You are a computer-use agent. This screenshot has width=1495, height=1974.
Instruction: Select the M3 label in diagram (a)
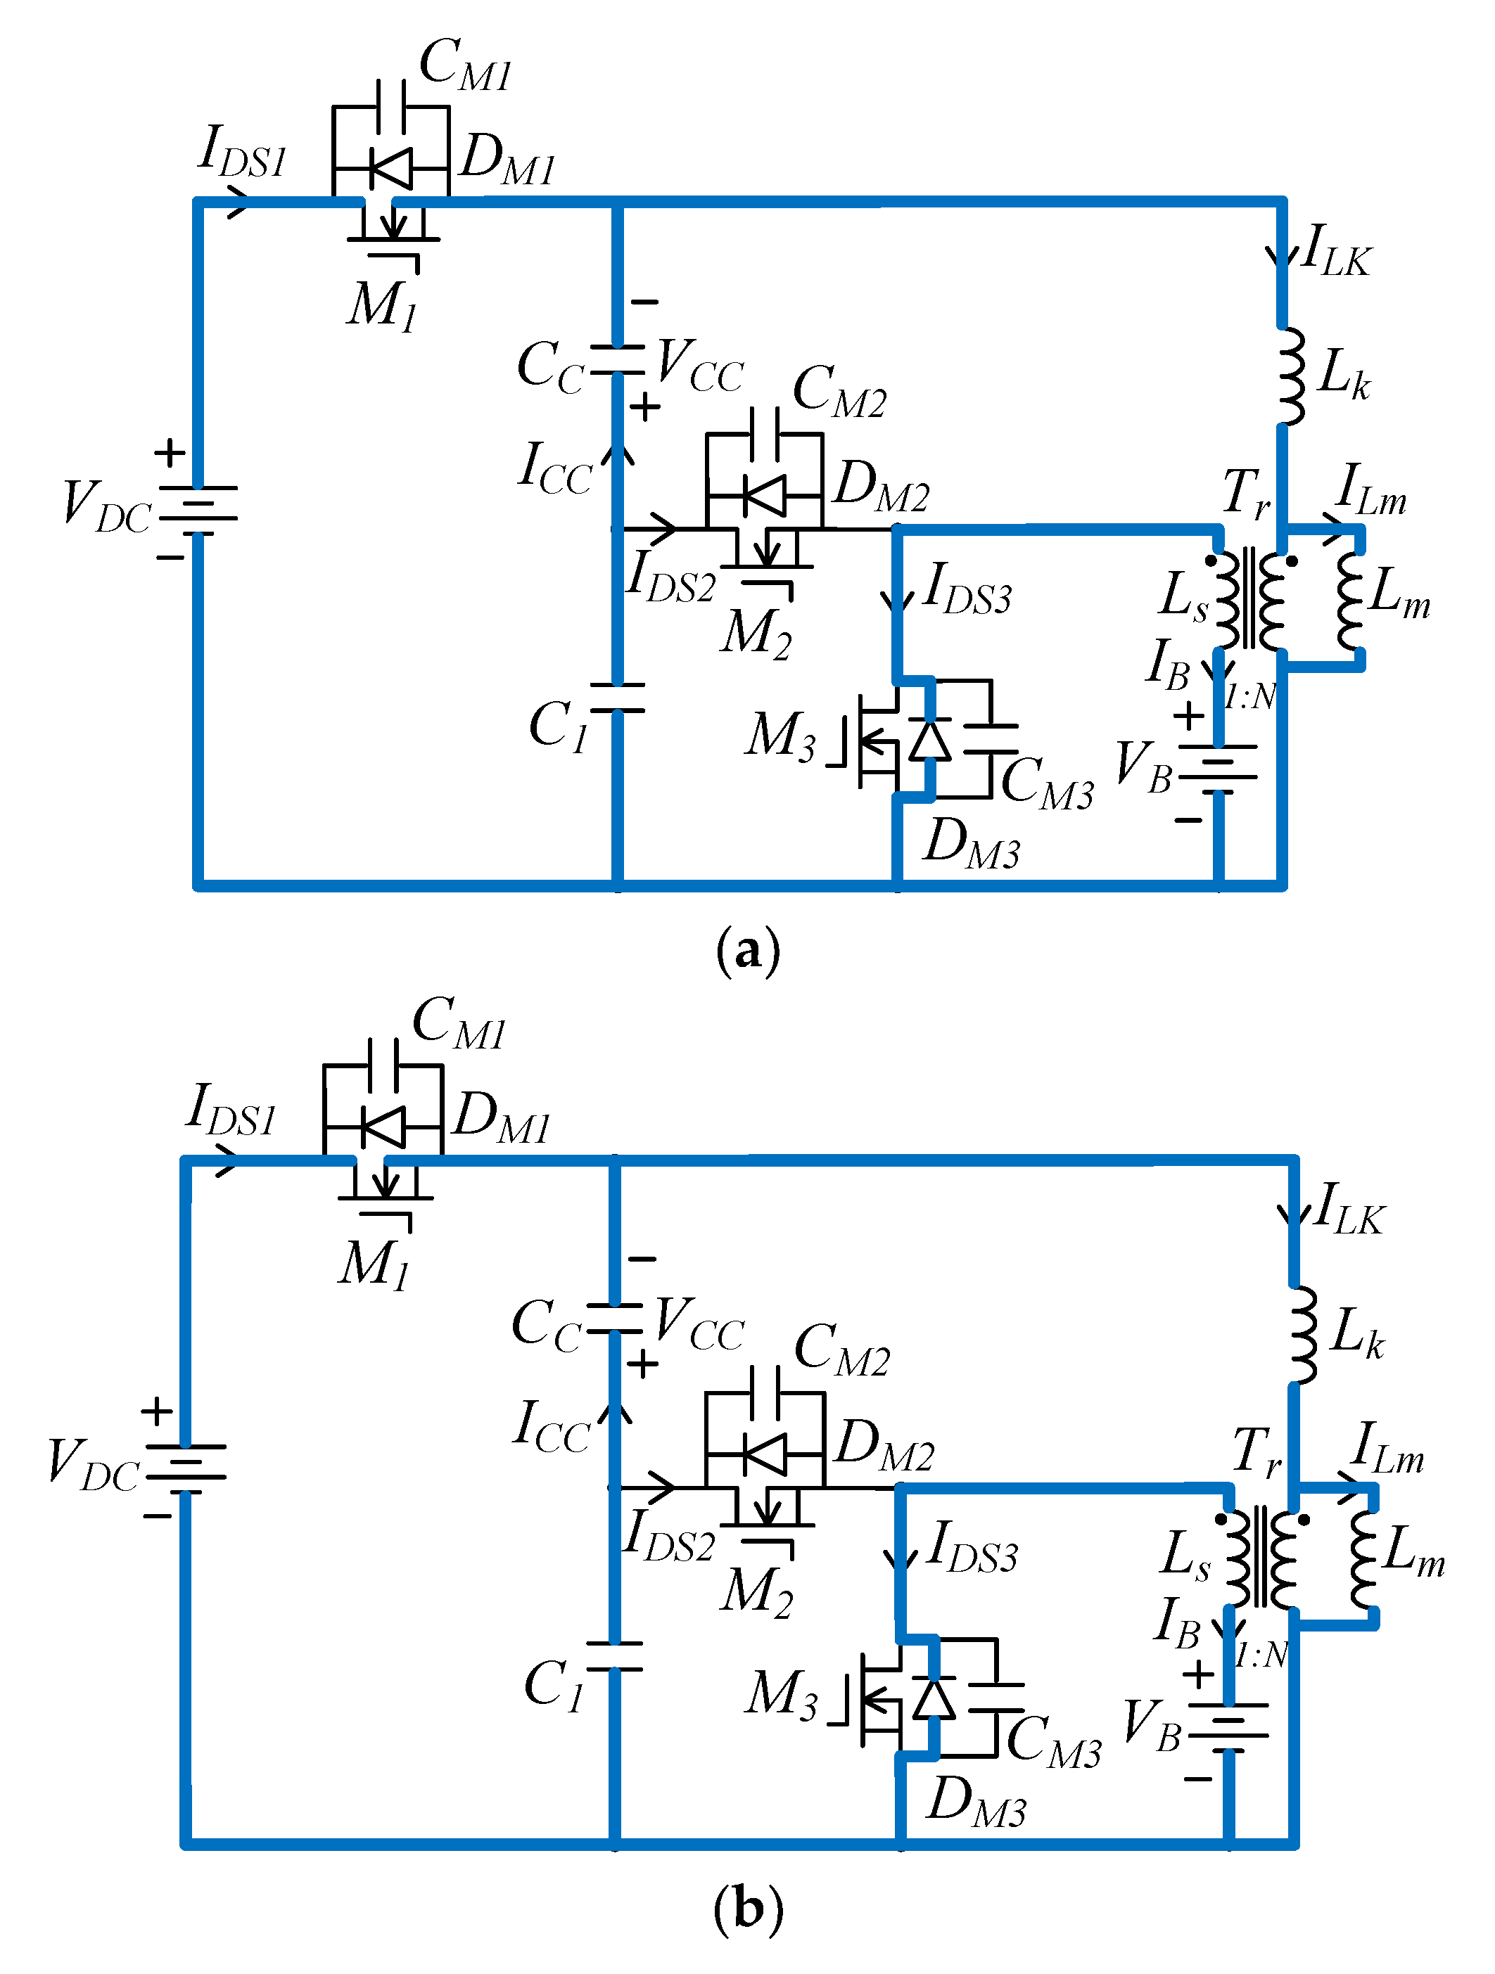click(x=781, y=737)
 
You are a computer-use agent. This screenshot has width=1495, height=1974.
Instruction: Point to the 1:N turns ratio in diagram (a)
click(x=1249, y=697)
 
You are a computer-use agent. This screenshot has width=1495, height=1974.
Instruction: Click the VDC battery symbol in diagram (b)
click(x=186, y=1468)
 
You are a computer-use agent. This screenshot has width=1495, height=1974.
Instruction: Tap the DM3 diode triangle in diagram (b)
click(x=934, y=1698)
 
